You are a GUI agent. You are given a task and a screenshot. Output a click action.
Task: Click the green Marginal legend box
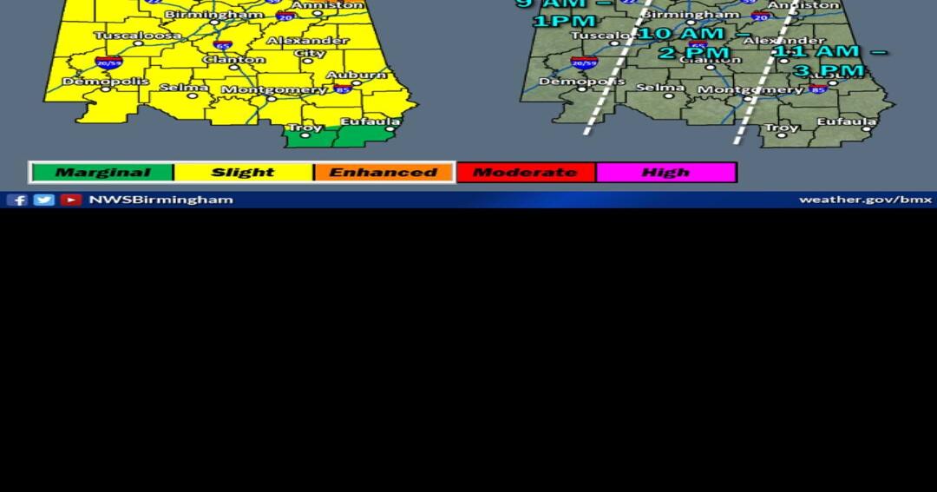point(102,173)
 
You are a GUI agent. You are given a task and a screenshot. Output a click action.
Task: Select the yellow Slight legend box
point(243,173)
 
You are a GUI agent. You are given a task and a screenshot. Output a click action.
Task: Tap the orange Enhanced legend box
point(383,173)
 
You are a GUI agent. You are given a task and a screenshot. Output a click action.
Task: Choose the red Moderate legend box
point(525,173)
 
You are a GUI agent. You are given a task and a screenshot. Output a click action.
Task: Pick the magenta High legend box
point(665,173)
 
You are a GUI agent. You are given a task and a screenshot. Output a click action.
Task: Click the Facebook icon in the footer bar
point(17,200)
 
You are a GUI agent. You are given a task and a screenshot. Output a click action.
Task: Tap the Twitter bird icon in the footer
point(43,200)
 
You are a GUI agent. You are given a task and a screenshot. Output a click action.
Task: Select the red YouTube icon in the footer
point(71,200)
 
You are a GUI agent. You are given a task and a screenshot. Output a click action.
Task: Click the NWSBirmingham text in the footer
point(161,200)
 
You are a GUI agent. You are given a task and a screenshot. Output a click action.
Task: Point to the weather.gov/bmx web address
point(865,200)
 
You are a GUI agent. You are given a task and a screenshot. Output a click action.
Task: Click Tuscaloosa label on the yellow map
point(138,36)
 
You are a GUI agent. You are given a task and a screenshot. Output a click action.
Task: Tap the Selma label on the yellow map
point(184,88)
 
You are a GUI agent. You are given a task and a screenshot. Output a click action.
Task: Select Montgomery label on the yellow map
point(273,90)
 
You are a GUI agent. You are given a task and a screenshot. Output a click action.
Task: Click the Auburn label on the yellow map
point(357,75)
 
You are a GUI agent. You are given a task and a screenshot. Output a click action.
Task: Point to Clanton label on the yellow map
point(234,60)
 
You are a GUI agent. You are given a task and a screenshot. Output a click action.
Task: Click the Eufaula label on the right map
point(846,122)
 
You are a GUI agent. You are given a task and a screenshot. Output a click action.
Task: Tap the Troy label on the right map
point(782,128)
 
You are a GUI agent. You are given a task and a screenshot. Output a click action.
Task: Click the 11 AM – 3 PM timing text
point(829,61)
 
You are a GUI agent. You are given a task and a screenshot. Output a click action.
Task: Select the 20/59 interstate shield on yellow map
point(109,62)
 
